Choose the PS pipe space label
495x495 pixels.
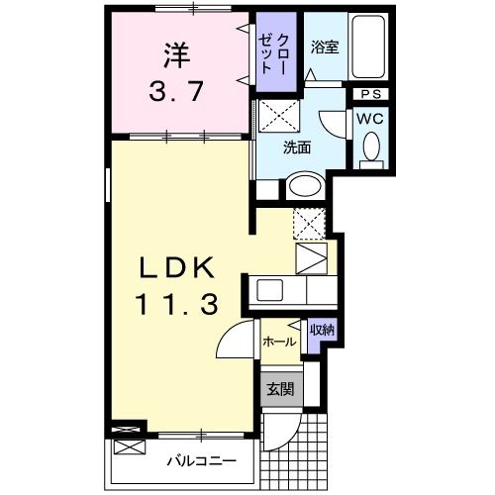pyautogui.click(x=371, y=95)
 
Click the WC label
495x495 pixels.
pyautogui.click(x=370, y=118)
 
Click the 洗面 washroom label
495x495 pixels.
pyautogui.click(x=297, y=148)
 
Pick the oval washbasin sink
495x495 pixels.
pyautogui.click(x=305, y=186)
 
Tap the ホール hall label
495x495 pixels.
pyautogui.click(x=278, y=342)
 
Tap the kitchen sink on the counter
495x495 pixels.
pyautogui.click(x=270, y=290)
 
